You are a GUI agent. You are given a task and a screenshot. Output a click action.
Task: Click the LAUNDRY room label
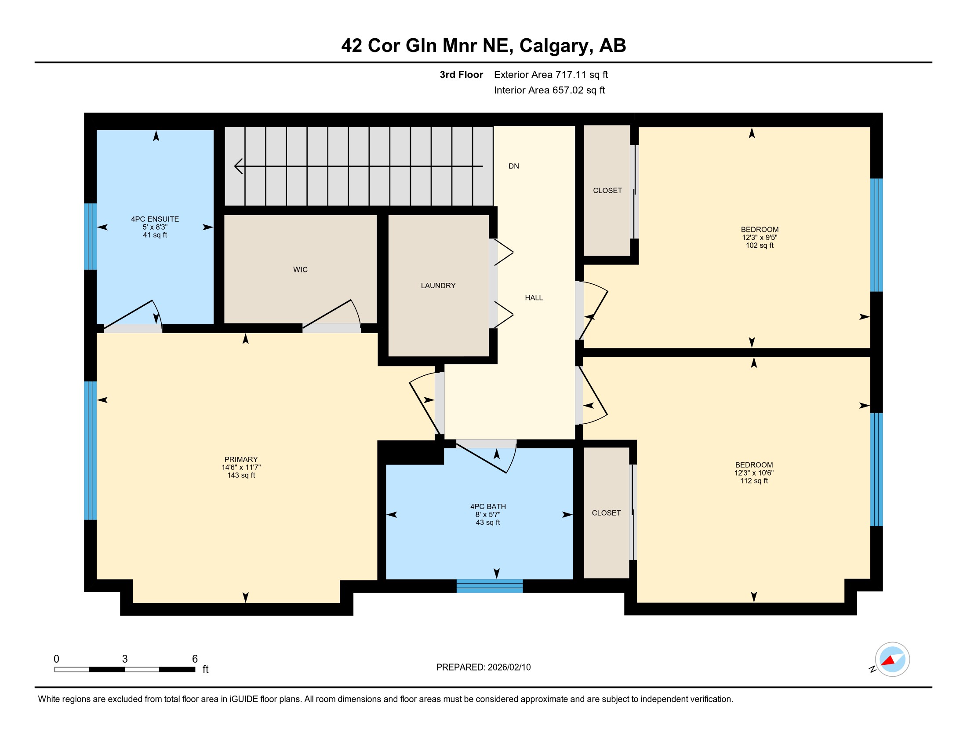coord(438,286)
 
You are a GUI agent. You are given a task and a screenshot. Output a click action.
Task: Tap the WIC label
coord(300,269)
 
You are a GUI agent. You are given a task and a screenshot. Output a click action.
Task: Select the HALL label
coord(534,298)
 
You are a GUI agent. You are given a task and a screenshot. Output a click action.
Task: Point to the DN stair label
coord(513,166)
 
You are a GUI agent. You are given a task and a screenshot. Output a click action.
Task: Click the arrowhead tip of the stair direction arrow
coord(235,166)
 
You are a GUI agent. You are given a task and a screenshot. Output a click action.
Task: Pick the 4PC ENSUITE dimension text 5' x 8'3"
coord(155,227)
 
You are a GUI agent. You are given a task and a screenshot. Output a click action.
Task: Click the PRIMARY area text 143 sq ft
coord(241,475)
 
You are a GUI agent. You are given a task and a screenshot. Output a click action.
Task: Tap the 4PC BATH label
coord(488,506)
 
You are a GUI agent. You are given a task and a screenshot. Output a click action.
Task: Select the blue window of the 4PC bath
coord(490,586)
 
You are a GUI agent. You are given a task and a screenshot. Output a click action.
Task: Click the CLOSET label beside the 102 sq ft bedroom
coord(607,191)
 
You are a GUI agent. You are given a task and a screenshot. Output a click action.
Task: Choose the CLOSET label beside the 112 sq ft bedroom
coord(606,513)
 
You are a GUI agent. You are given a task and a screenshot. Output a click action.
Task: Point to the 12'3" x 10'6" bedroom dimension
coord(754,473)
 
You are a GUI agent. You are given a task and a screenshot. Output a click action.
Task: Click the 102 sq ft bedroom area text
coord(760,245)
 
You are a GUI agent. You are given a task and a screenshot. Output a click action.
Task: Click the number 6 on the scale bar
coord(194,659)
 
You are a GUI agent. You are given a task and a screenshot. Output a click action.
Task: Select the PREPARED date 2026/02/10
coord(509,667)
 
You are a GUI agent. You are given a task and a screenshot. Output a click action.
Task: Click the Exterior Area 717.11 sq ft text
coord(551,75)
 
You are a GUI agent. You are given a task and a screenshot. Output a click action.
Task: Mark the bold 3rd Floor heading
coord(462,75)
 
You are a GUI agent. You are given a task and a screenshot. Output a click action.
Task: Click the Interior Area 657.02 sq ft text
coord(549,90)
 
